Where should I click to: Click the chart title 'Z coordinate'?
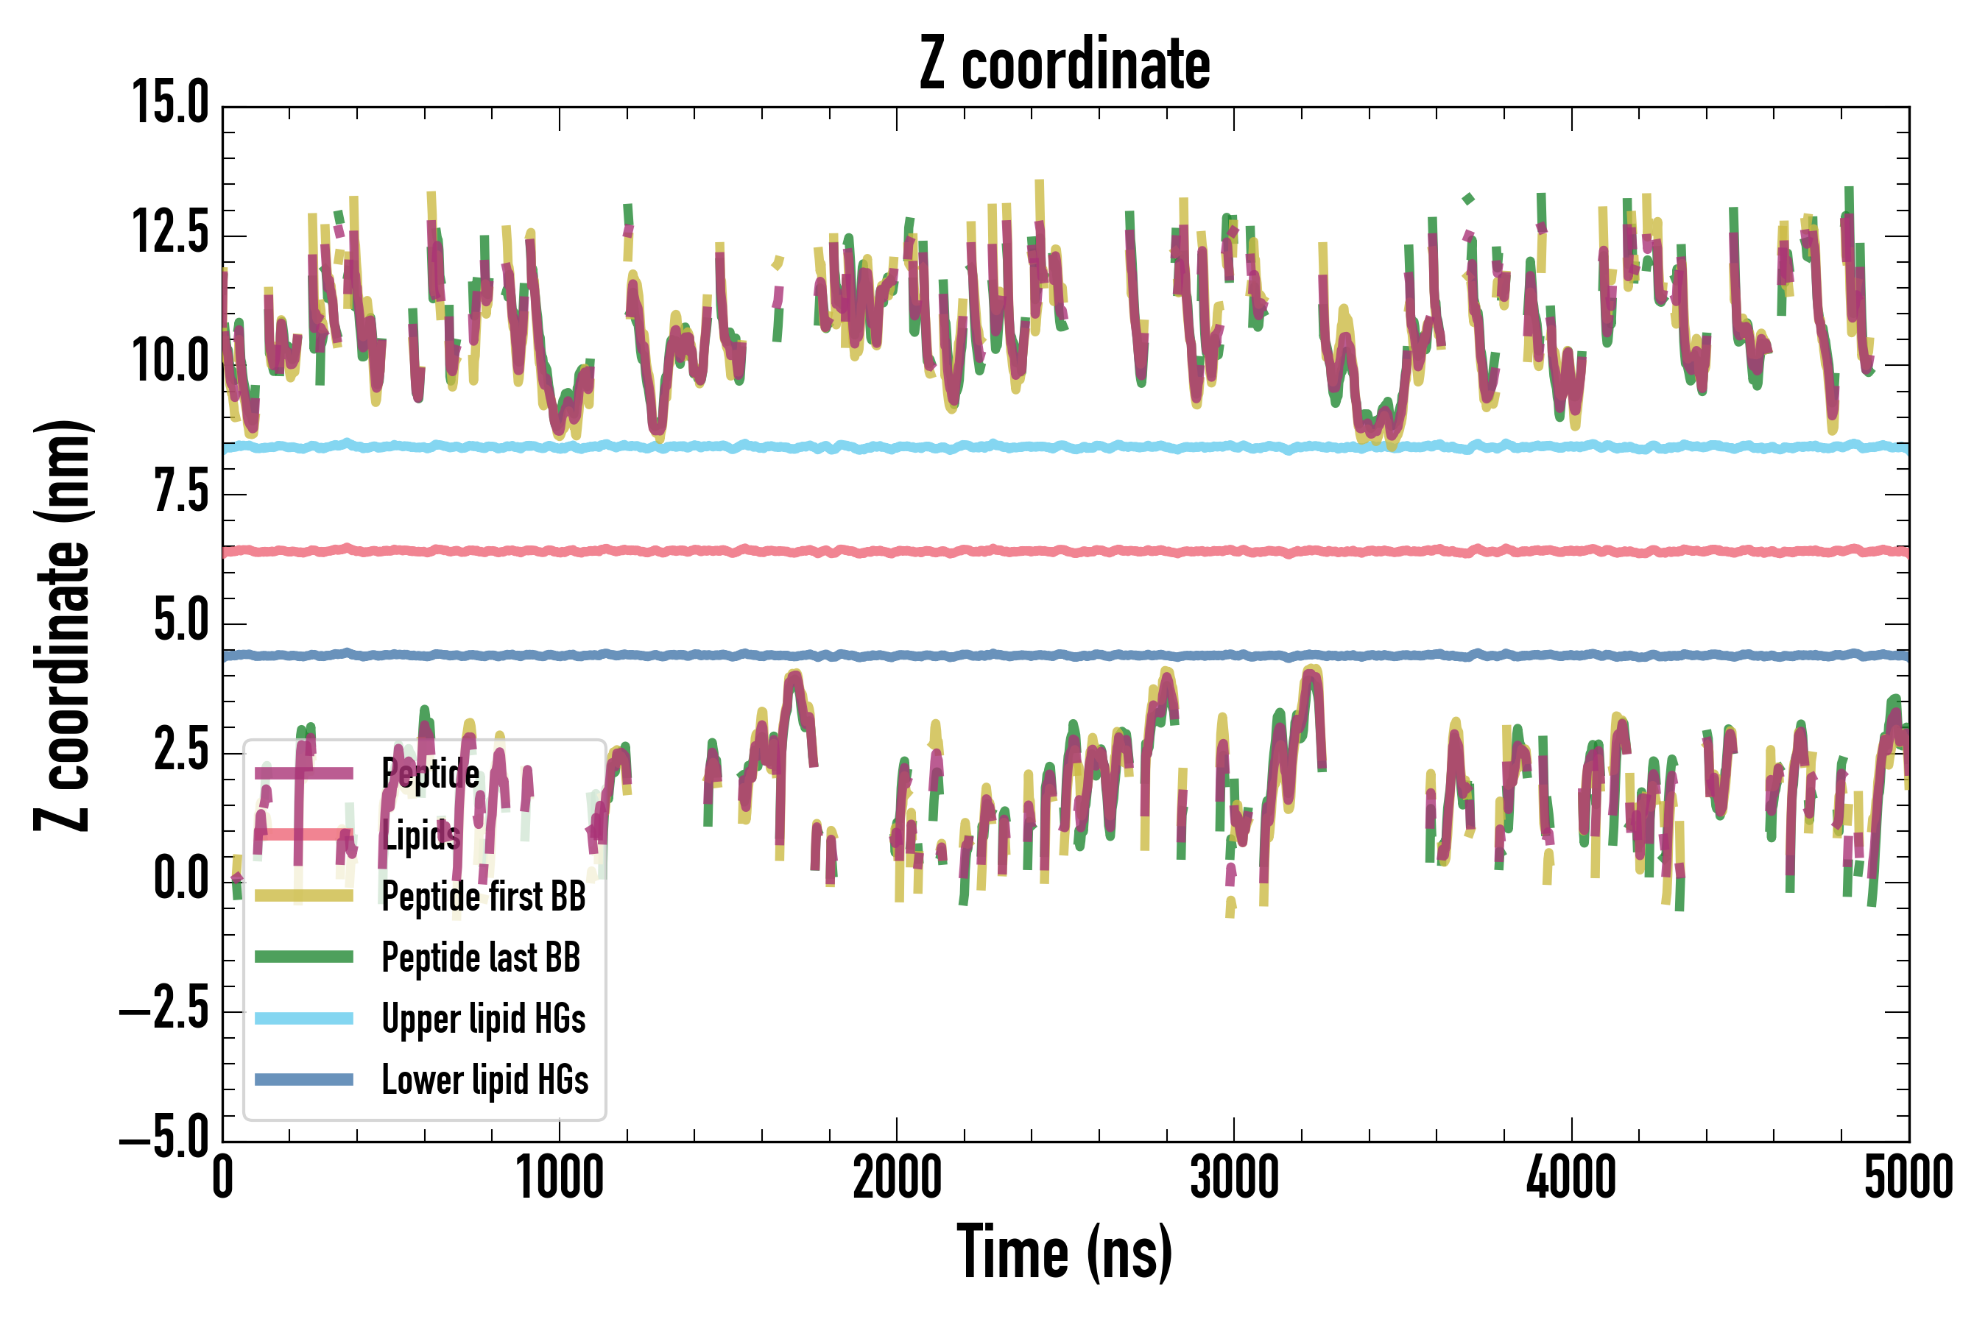[1064, 64]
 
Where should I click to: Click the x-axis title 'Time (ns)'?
[1064, 1252]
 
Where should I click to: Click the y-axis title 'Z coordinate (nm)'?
[63, 624]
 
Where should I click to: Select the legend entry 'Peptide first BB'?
[484, 897]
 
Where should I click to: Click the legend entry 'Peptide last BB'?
[481, 958]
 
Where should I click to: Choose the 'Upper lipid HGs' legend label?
[484, 1019]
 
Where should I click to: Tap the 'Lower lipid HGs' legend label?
[485, 1080]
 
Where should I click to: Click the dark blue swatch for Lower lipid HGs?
[304, 1079]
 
